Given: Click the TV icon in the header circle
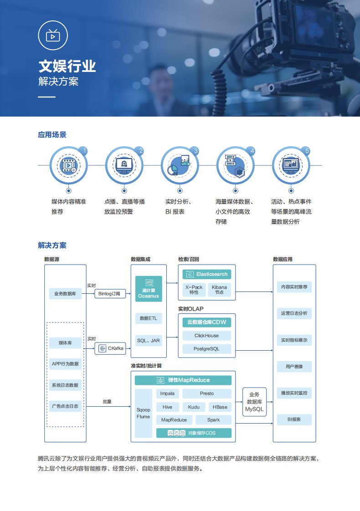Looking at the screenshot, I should (x=53, y=36).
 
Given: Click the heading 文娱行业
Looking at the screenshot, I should (x=67, y=66).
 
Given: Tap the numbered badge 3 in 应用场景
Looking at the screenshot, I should (x=196, y=151).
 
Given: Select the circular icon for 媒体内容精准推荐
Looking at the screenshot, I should (x=68, y=165).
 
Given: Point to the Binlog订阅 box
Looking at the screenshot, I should (x=110, y=294).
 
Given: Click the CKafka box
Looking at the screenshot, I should (x=109, y=349).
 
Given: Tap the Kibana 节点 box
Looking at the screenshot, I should (x=219, y=290).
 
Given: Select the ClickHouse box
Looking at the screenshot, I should (x=206, y=336).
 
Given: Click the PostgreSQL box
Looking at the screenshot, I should (x=206, y=349).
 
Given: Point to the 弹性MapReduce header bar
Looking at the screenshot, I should (x=183, y=380).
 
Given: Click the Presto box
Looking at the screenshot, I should (x=206, y=393).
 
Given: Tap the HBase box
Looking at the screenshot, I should (x=220, y=407).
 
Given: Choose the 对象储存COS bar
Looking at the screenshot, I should (x=194, y=433).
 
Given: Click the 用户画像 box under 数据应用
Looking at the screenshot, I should (x=294, y=366).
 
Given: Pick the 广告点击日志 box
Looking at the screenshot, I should (x=65, y=406).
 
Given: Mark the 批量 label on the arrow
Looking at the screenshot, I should (x=107, y=402).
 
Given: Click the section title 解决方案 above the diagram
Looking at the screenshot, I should (x=52, y=245).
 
